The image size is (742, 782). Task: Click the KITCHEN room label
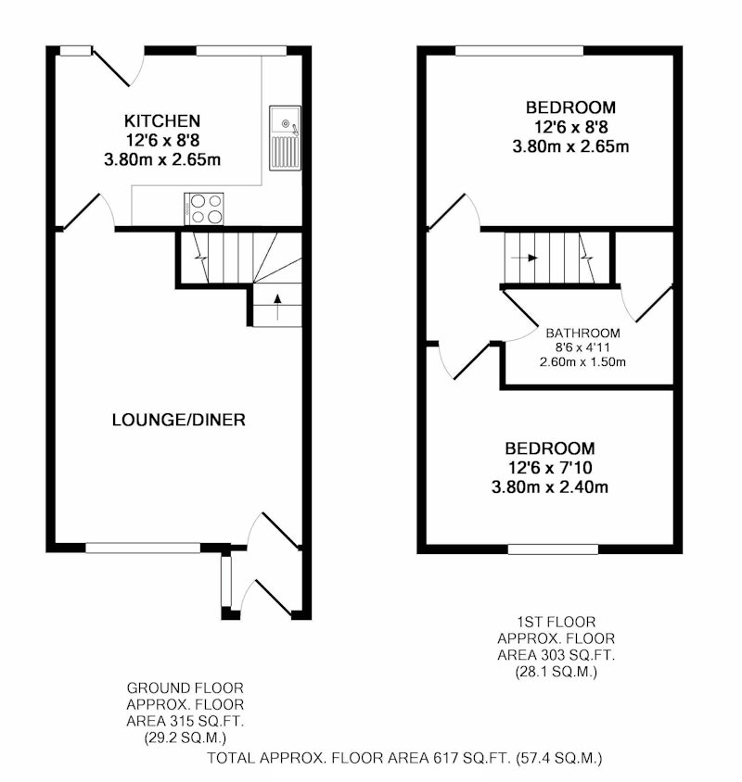pos(162,120)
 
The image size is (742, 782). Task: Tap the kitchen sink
pos(285,138)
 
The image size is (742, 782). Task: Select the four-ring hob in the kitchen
pos(204,209)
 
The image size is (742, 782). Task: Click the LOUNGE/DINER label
pos(179,420)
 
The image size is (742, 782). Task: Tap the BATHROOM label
pos(582,334)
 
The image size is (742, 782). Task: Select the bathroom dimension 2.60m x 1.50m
pos(582,362)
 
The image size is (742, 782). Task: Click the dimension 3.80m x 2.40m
pos(550,486)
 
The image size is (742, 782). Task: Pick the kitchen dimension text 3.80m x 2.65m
pos(162,159)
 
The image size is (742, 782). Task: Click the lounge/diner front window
pos(143,549)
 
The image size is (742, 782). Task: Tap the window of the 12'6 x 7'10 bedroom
pos(553,549)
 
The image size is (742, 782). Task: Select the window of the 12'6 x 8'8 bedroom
pos(519,50)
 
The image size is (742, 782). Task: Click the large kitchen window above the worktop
pos(241,50)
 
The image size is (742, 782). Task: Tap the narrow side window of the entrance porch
pos(226,581)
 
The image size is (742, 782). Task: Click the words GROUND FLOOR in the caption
pos(185,688)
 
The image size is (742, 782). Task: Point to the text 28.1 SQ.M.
pos(556,672)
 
